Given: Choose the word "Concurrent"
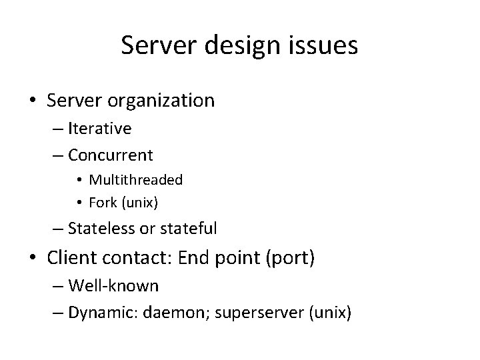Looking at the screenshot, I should point(111,155).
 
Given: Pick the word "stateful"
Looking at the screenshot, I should point(188,229).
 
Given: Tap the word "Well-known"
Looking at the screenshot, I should point(113,286).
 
